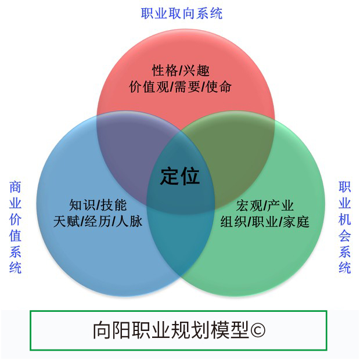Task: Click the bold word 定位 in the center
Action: (180, 176)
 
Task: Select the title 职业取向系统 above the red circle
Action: (182, 13)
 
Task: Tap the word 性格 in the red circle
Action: (165, 70)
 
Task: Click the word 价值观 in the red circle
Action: (149, 87)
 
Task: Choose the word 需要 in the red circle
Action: (187, 87)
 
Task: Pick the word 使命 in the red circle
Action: (218, 87)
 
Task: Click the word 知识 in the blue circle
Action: (82, 205)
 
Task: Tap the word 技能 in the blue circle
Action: (114, 205)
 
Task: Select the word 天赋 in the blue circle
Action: (66, 221)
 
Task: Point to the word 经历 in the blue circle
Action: (98, 221)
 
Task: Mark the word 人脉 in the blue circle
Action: (129, 221)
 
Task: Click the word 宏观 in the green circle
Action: (249, 206)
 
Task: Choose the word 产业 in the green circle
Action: (280, 206)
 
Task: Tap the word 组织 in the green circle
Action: (233, 222)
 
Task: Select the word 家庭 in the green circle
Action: (296, 222)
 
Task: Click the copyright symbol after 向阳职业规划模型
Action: (258, 330)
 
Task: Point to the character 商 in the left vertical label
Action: (15, 187)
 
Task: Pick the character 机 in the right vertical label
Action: (345, 219)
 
